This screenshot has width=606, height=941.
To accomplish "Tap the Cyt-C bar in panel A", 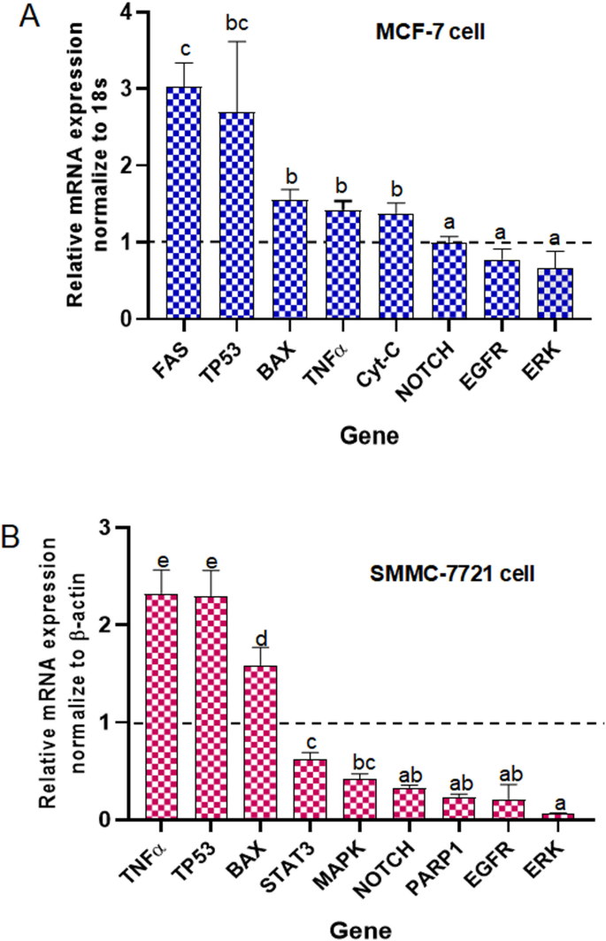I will coord(397,265).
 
